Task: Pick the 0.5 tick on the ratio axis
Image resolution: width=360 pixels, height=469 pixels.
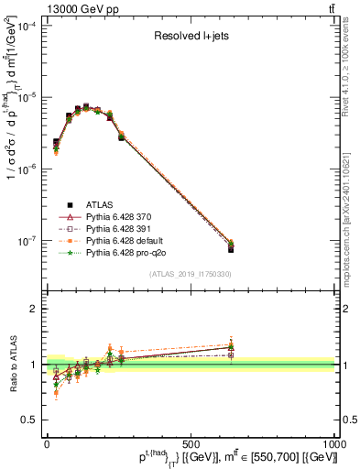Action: click(x=32, y=420)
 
